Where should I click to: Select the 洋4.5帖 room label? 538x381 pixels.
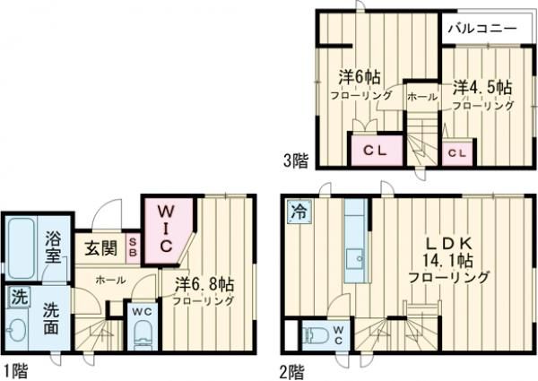[x=482, y=88]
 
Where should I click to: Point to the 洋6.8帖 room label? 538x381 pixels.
[x=205, y=283]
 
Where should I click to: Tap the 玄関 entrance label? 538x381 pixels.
[x=100, y=248]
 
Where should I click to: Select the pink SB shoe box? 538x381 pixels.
[x=133, y=247]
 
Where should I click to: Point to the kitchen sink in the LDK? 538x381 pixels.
[x=355, y=259]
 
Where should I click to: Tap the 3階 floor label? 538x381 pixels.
[x=296, y=161]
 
